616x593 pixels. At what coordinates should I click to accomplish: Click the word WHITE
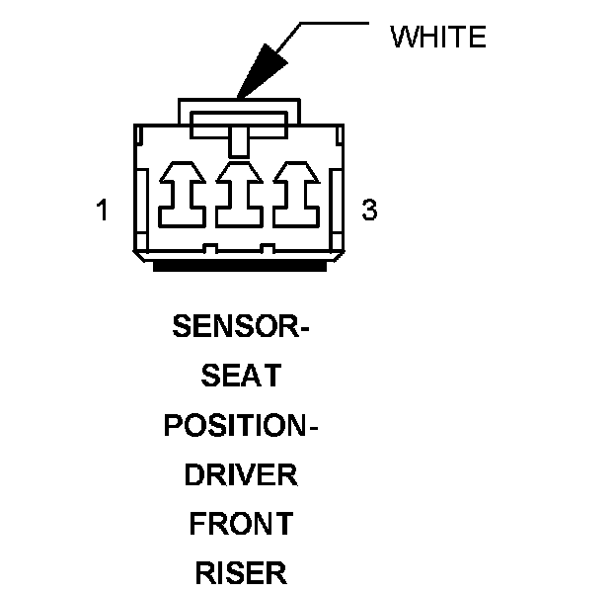pos(438,38)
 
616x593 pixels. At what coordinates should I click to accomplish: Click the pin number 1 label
pos(103,211)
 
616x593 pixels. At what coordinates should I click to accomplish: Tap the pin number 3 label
pos(369,211)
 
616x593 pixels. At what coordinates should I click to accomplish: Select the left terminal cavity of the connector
pos(183,194)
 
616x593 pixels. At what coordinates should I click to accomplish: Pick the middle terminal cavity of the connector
pos(237,194)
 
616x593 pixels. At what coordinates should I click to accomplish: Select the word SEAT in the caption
pos(240,376)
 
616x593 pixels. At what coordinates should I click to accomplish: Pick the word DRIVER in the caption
pos(241,474)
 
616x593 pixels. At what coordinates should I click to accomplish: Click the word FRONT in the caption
pos(242,524)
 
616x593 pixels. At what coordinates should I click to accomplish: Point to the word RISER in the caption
pos(241,572)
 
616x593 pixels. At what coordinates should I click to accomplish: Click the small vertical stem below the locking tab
pos(237,144)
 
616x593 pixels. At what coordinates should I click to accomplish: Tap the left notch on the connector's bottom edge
pos(209,246)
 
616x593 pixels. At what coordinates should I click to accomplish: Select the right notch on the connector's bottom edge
pos(267,246)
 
